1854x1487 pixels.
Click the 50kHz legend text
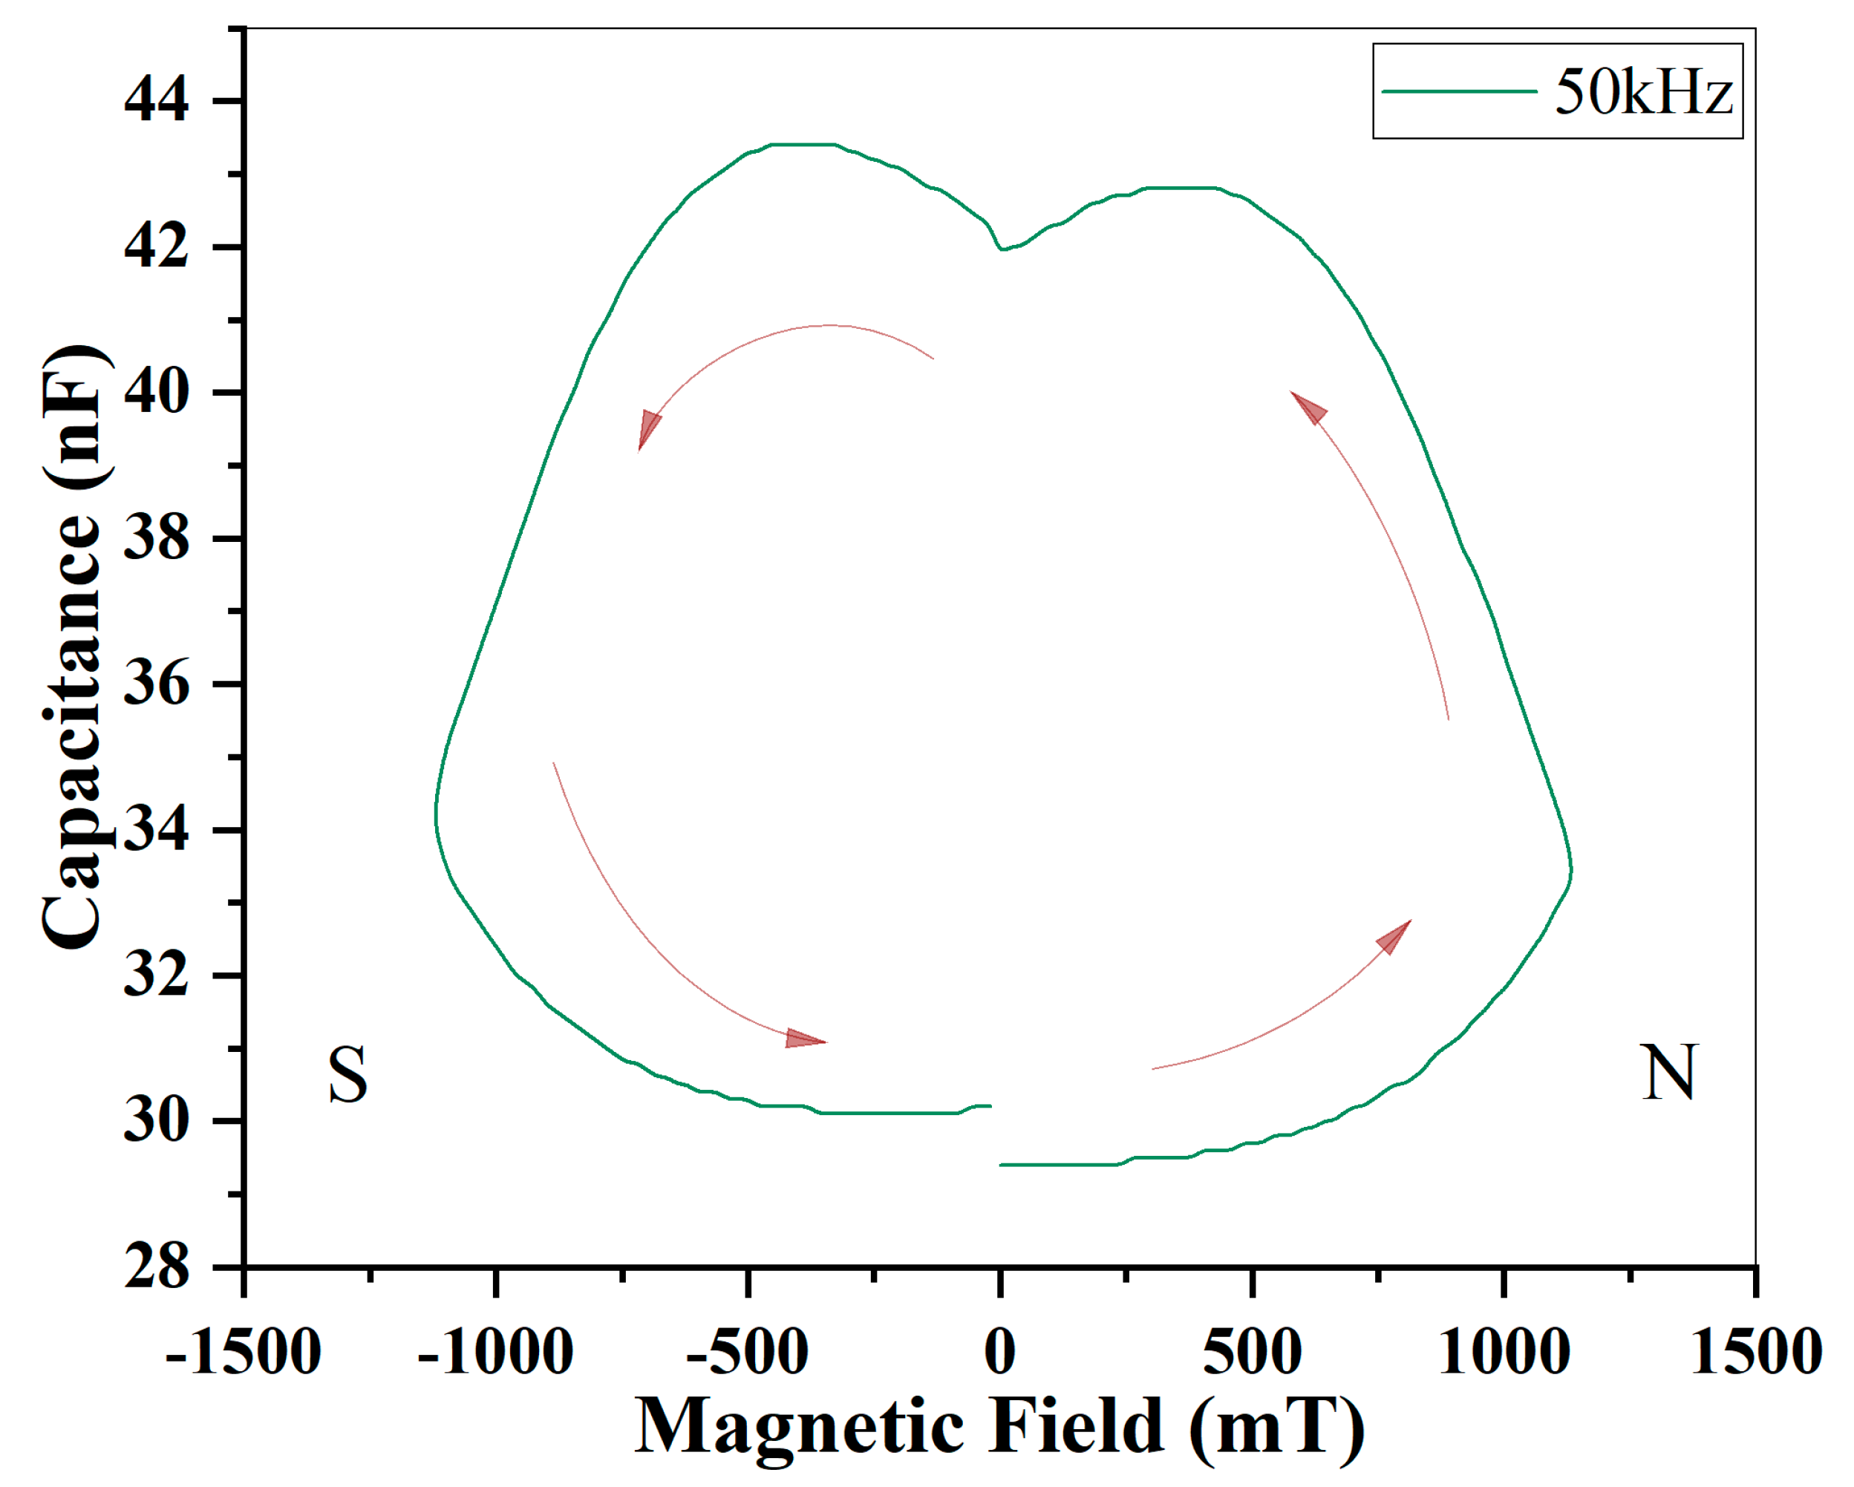pyautogui.click(x=1643, y=92)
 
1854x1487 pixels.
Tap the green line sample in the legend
pyautogui.click(x=1458, y=91)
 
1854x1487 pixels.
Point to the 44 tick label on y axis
pyautogui.click(x=156, y=101)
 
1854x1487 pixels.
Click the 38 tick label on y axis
pyautogui.click(x=156, y=539)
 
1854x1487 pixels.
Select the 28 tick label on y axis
pyautogui.click(x=156, y=1267)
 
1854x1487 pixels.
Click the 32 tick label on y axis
pyautogui.click(x=156, y=976)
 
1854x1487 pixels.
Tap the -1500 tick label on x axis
pyautogui.click(x=244, y=1353)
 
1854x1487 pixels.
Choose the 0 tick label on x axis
pyautogui.click(x=999, y=1353)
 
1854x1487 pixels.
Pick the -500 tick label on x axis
pyautogui.click(x=747, y=1353)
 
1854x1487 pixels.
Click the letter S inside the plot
pyautogui.click(x=347, y=1075)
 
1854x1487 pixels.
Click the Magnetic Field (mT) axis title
pyautogui.click(x=999, y=1428)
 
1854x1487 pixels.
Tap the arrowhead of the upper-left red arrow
pyautogui.click(x=647, y=429)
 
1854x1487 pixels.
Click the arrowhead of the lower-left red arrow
pyautogui.click(x=805, y=1040)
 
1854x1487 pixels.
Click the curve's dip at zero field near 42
pyautogui.click(x=1002, y=249)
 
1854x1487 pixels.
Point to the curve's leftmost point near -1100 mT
pyautogui.click(x=436, y=813)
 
